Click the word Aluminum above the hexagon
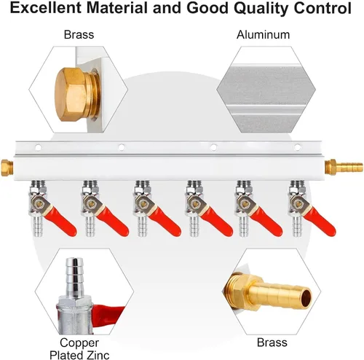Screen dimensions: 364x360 pos(263,35)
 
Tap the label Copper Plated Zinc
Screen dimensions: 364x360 pos(79,349)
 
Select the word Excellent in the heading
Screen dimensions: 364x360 pos(46,8)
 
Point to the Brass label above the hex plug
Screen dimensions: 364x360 pos(79,34)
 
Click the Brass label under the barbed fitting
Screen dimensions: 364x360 pos(272,343)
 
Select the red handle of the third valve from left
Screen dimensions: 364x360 pos(165,222)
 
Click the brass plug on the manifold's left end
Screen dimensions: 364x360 pos(7,168)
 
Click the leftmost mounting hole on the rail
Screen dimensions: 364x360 pos(38,147)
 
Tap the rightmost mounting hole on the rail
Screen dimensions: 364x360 pos(298,147)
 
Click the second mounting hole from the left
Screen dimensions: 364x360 pos(122,147)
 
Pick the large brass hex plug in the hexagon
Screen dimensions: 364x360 pos(77,95)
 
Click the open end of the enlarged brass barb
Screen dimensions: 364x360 pos(306,296)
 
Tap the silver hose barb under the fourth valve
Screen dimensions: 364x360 pos(194,227)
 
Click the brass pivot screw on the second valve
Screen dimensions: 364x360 pos(91,203)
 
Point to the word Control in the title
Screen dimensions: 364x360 pos(323,8)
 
